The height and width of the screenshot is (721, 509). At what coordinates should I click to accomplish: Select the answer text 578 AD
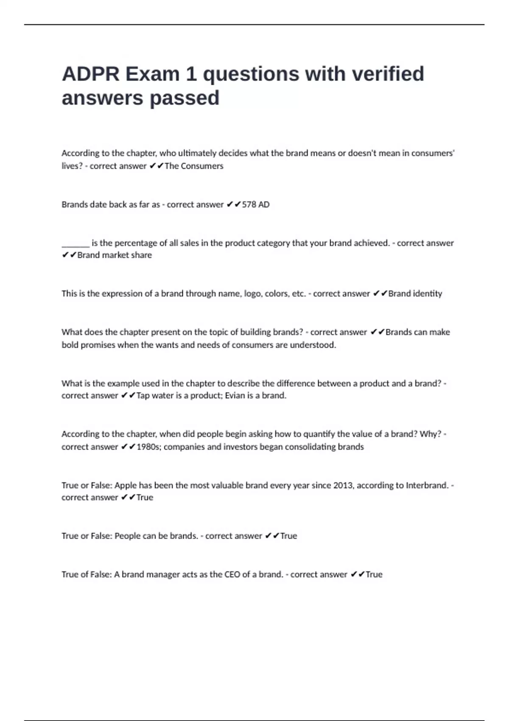pyautogui.click(x=255, y=204)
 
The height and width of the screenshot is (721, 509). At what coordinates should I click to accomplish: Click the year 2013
pyautogui.click(x=343, y=485)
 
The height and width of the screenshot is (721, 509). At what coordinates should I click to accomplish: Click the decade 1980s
pyautogui.click(x=148, y=447)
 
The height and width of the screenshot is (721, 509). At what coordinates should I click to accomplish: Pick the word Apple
pyautogui.click(x=126, y=485)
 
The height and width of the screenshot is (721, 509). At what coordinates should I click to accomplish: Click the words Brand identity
pyautogui.click(x=415, y=293)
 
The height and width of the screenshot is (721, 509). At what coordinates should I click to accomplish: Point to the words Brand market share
pyautogui.click(x=114, y=255)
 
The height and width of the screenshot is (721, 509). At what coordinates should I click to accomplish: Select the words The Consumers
pyautogui.click(x=193, y=166)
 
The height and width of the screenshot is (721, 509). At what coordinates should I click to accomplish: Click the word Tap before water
pyautogui.click(x=143, y=396)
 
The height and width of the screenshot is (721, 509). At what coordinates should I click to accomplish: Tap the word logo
pyautogui.click(x=252, y=293)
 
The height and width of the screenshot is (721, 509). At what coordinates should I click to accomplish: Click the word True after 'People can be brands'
pyautogui.click(x=288, y=536)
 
